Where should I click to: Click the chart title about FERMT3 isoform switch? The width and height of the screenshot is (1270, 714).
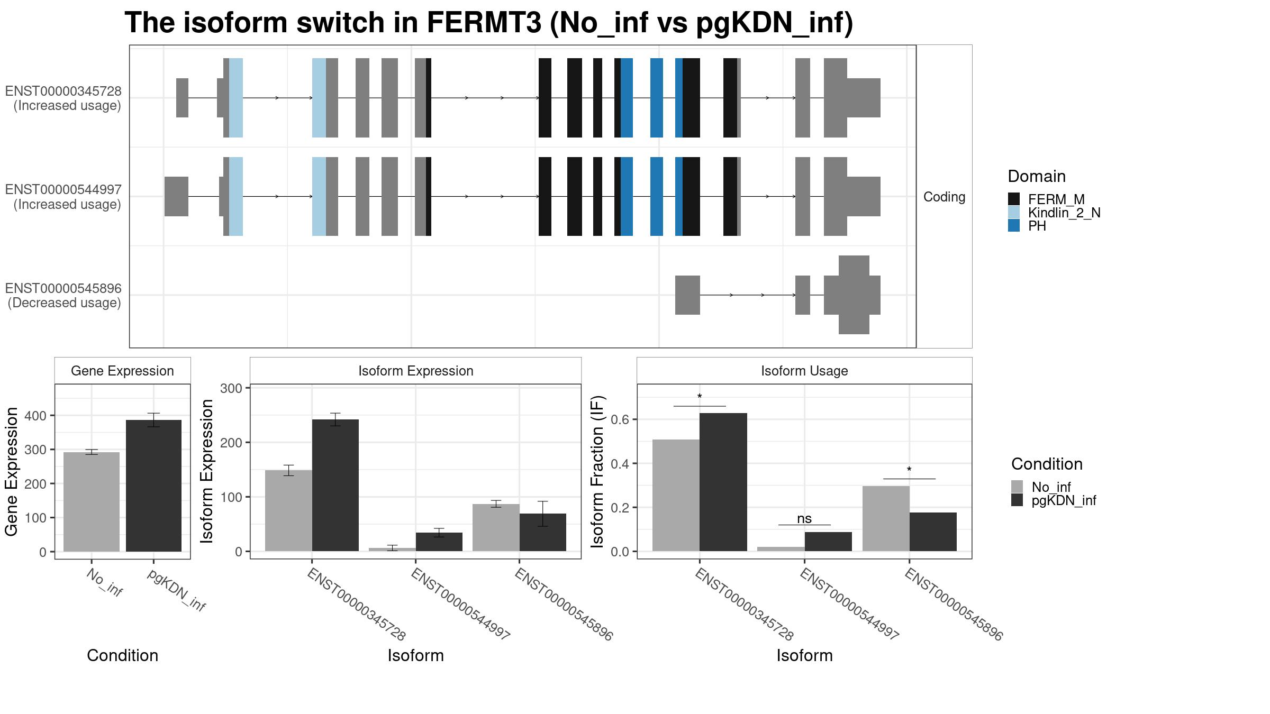[488, 23]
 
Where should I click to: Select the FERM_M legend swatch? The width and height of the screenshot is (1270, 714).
[1014, 199]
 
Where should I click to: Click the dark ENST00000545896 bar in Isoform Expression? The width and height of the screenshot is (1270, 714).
[542, 532]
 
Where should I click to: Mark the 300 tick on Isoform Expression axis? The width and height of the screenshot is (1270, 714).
[231, 388]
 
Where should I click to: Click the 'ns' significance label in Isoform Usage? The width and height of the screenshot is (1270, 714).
[804, 518]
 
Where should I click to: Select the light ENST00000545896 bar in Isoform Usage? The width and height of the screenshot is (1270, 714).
[885, 518]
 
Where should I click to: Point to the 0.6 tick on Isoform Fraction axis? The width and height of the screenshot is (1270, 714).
[620, 419]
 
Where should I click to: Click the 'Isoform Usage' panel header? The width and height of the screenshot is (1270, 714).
[804, 371]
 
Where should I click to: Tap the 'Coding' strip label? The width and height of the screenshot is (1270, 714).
[944, 197]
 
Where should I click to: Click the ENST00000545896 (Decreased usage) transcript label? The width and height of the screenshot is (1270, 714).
[64, 296]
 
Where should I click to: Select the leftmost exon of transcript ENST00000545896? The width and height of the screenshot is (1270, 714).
[687, 295]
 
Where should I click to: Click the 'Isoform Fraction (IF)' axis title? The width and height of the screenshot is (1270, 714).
[597, 471]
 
